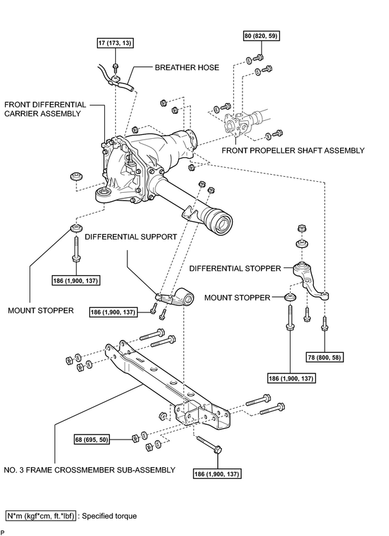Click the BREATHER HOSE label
coord(187,67)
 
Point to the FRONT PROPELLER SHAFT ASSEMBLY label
coord(293,150)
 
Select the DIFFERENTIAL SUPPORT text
coord(131,237)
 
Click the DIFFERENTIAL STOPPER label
coord(235,269)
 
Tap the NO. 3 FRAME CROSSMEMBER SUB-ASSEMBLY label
coord(89,470)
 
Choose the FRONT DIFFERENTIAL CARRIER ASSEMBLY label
coord(45,109)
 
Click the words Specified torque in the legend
coord(109,516)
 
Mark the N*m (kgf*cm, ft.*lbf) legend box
coord(41,516)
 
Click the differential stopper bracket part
coord(311,280)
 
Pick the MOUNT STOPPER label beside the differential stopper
coord(237,298)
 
